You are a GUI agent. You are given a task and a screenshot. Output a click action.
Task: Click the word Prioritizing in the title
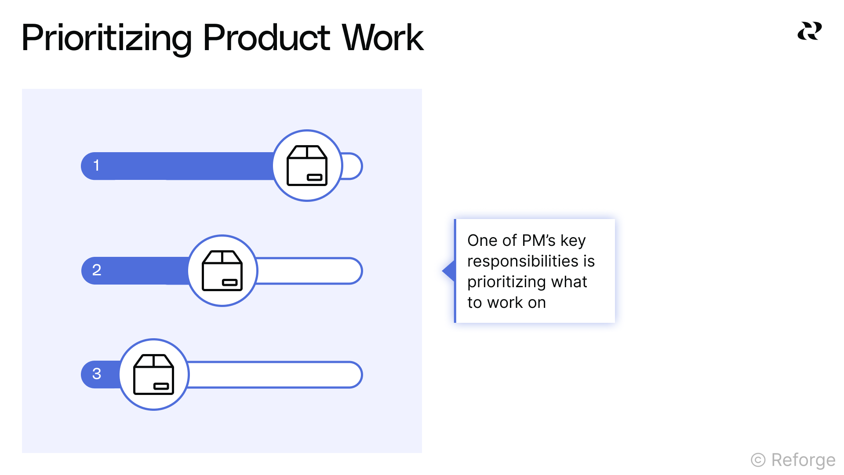[106, 39]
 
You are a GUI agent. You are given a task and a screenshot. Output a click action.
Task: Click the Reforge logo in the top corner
[809, 31]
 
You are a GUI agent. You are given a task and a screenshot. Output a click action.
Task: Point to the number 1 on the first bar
[96, 166]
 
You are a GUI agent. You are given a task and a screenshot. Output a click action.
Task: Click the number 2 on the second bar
[97, 270]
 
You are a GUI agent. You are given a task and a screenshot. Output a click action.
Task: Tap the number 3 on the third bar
[97, 374]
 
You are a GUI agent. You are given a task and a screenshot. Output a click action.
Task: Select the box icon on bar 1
[307, 166]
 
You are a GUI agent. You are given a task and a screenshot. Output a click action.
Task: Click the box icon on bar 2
[222, 270]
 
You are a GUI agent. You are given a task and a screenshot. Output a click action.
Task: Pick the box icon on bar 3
[154, 374]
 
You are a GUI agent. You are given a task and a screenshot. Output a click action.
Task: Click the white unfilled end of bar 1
[351, 166]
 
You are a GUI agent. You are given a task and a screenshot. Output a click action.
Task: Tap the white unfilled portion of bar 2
[308, 271]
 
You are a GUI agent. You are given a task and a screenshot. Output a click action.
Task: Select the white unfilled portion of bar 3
[273, 375]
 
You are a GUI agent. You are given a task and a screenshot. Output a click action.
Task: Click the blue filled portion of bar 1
[185, 166]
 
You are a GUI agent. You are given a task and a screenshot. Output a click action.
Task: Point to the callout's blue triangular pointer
[449, 270]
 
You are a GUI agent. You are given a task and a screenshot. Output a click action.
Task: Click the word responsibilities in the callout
[523, 261]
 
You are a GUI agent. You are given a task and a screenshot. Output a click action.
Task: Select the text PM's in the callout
[539, 241]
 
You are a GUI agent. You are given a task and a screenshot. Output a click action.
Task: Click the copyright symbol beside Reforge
[758, 460]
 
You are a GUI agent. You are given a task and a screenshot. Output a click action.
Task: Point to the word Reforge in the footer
[803, 460]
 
